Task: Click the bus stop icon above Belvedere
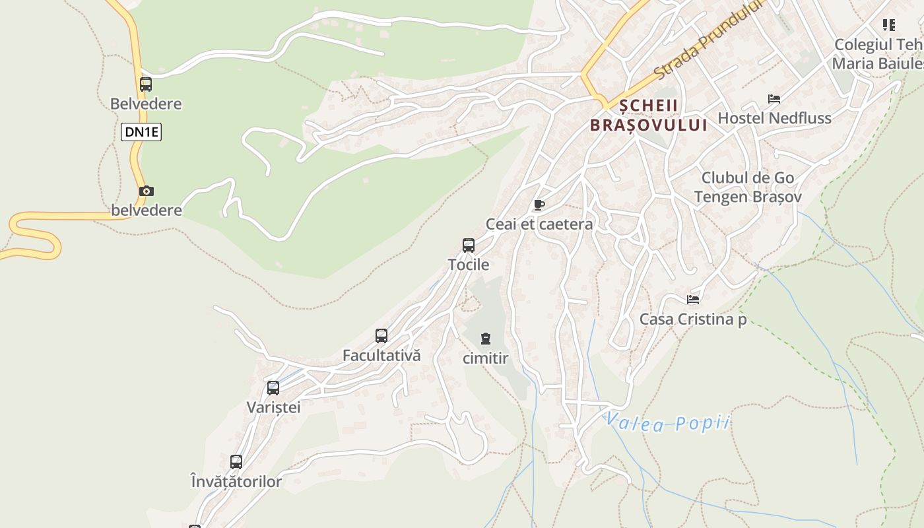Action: tap(146, 84)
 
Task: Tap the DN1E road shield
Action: tap(142, 132)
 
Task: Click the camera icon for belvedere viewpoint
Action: tap(147, 191)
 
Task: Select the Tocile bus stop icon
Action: tap(469, 246)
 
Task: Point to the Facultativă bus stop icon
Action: tap(381, 336)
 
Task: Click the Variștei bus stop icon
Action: tap(273, 388)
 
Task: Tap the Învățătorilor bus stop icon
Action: tap(236, 462)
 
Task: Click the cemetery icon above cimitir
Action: tap(486, 339)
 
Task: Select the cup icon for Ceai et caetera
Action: tap(539, 205)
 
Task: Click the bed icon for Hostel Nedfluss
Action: tap(774, 99)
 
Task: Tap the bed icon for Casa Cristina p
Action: tap(693, 300)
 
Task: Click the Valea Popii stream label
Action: tap(668, 422)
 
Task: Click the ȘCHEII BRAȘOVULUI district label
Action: tap(648, 115)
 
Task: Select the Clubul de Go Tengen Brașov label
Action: tap(748, 187)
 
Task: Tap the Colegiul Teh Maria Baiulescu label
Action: tap(877, 54)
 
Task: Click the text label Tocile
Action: tap(469, 265)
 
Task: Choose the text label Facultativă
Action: tap(381, 356)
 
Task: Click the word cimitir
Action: tap(486, 359)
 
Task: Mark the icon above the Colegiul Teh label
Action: tap(889, 25)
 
